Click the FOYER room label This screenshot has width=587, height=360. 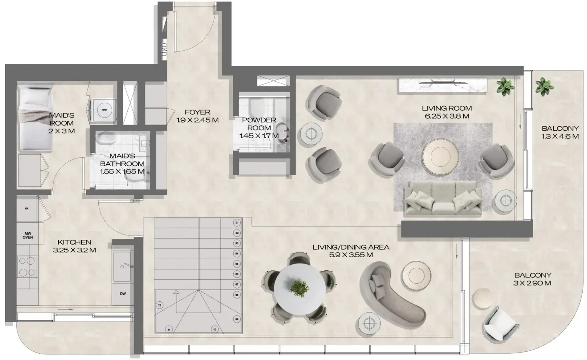[198, 112]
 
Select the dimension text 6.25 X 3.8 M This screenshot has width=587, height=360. [446, 116]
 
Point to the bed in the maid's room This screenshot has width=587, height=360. [36, 119]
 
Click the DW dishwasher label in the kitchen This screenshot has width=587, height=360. [123, 294]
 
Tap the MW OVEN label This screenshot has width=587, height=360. [27, 235]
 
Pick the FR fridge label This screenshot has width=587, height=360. [26, 208]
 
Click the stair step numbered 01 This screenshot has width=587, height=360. [237, 223]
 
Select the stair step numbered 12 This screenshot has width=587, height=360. [159, 305]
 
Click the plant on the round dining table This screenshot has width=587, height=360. [300, 289]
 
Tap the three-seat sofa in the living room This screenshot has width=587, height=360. [443, 199]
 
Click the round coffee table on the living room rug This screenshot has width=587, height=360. [440, 155]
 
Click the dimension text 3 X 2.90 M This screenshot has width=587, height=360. [533, 283]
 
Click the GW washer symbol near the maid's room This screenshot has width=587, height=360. [104, 110]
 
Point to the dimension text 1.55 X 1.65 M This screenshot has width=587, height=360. [122, 171]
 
